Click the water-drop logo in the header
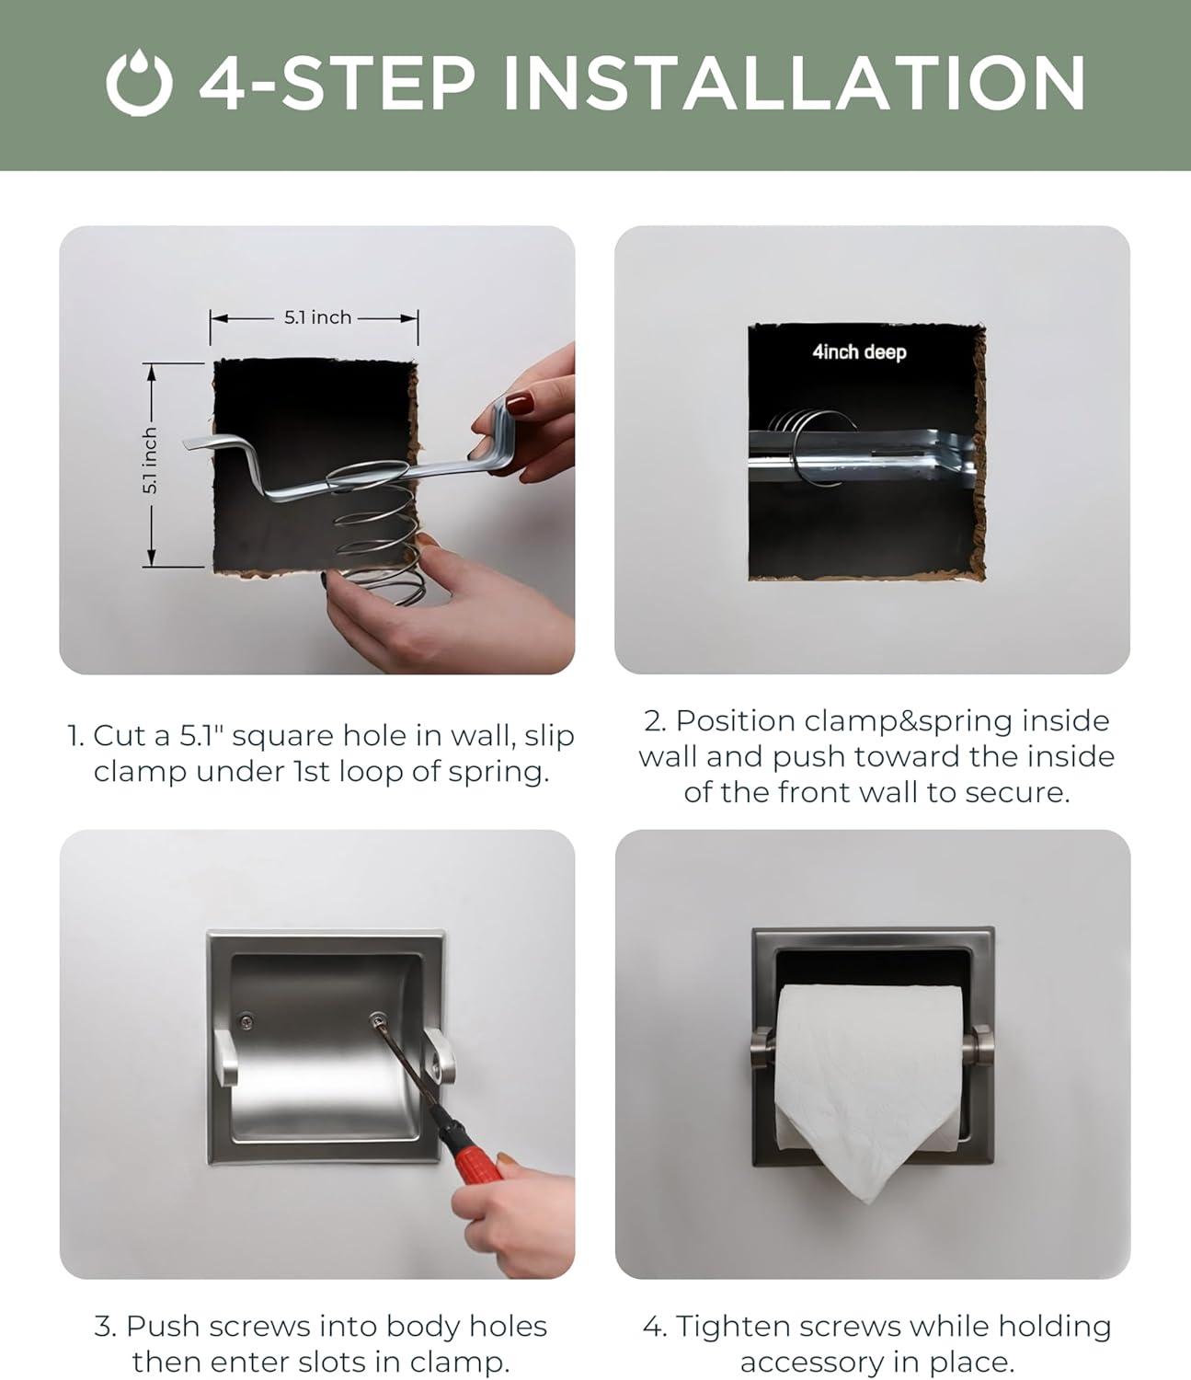[x=139, y=83]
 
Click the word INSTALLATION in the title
[x=793, y=83]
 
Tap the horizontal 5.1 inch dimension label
[x=318, y=317]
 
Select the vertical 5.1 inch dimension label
[x=150, y=461]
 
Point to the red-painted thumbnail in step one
[x=520, y=404]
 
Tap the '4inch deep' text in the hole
[x=859, y=351]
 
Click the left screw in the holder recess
[x=246, y=1021]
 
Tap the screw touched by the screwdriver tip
[x=378, y=1019]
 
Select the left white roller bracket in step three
[x=225, y=1057]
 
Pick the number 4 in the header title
[x=223, y=83]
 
